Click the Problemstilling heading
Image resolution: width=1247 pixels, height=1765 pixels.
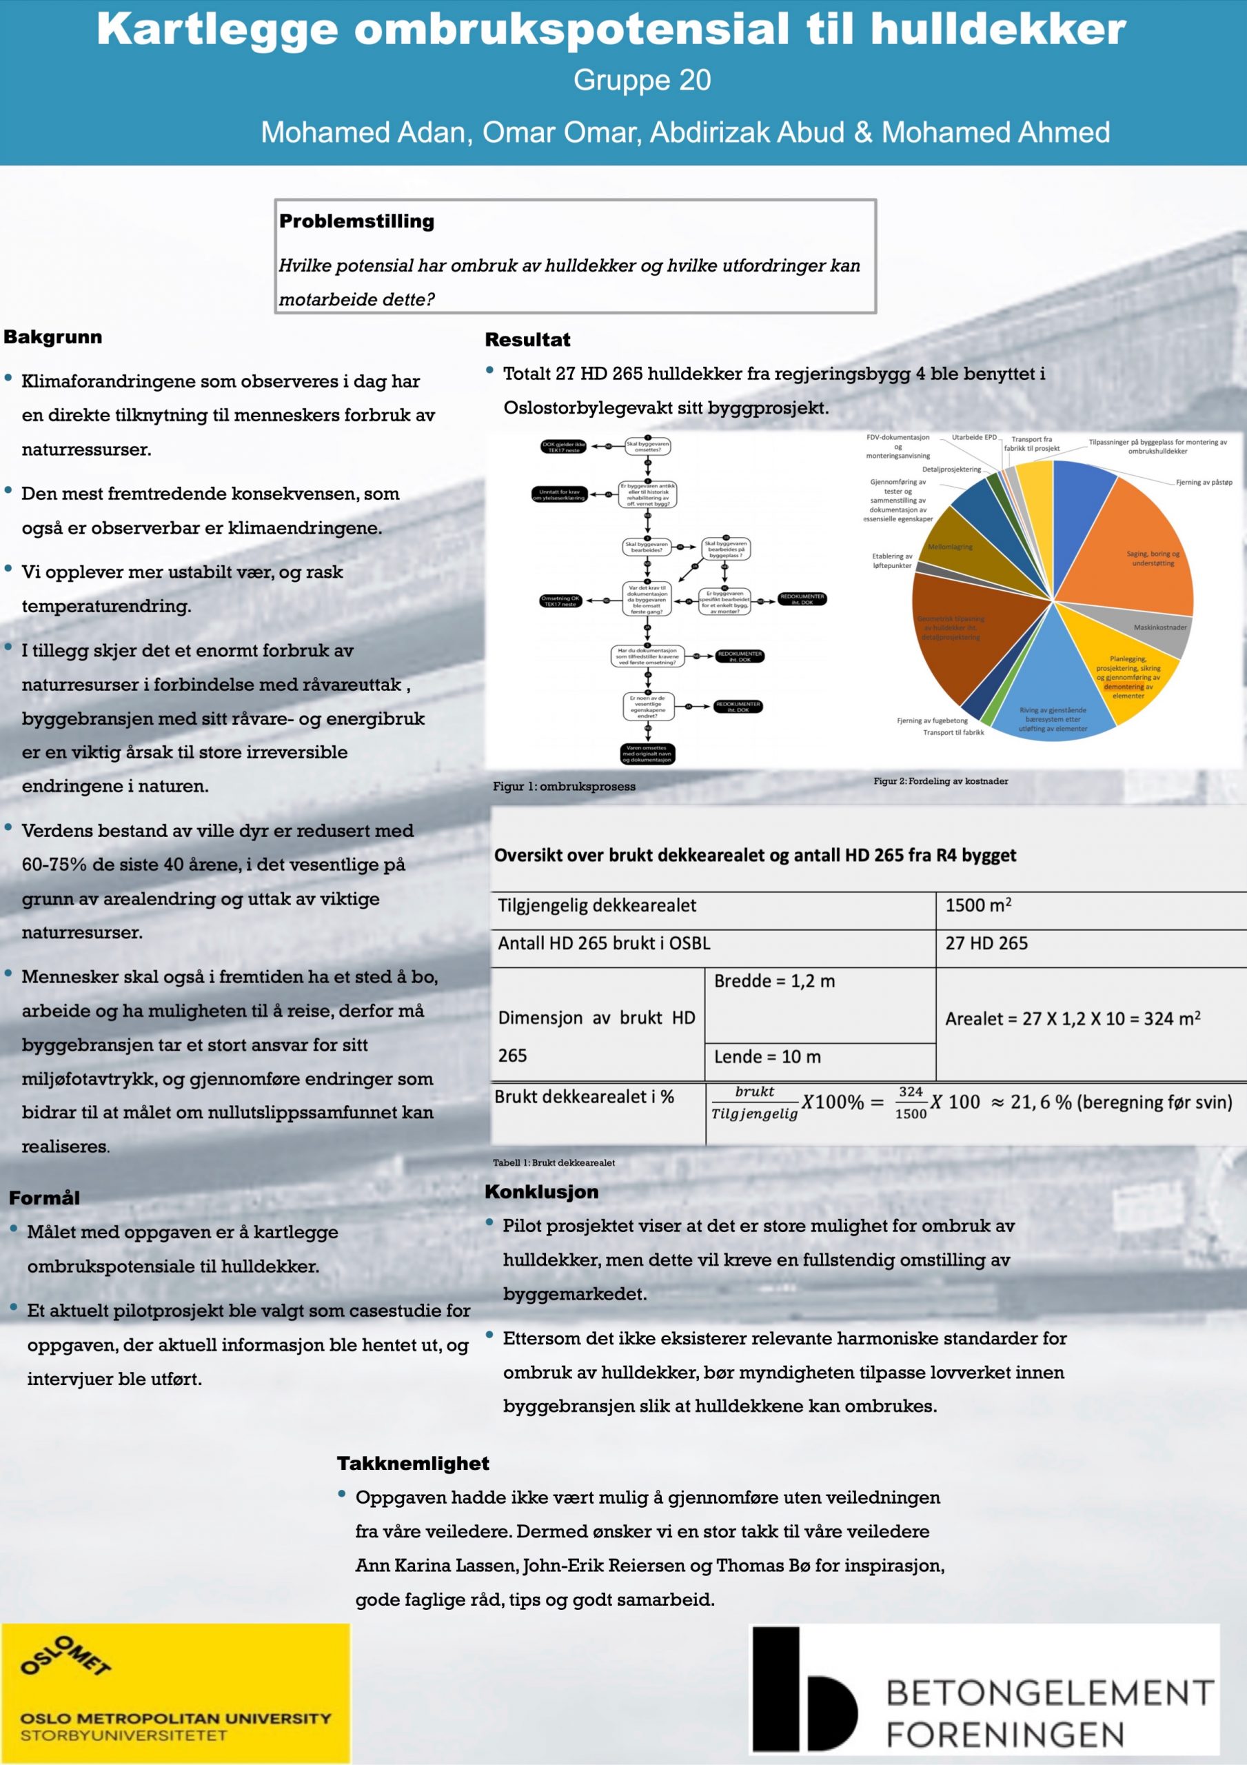pyautogui.click(x=356, y=221)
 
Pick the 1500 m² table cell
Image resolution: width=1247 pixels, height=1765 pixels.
pyautogui.click(x=977, y=905)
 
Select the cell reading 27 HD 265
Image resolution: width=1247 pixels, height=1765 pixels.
pyautogui.click(x=986, y=943)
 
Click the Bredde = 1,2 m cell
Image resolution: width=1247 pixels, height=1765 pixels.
pyautogui.click(x=774, y=981)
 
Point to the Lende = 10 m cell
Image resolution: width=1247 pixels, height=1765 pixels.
pyautogui.click(x=767, y=1057)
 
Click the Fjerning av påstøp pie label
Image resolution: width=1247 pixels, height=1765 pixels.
pyautogui.click(x=1203, y=483)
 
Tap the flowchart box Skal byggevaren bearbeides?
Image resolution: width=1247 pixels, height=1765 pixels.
pyautogui.click(x=647, y=547)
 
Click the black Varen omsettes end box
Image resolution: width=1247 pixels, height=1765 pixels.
pyautogui.click(x=647, y=754)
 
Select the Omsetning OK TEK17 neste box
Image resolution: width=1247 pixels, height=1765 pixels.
pyautogui.click(x=560, y=601)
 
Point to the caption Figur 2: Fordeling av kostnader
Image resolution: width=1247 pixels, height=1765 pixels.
pyautogui.click(x=940, y=781)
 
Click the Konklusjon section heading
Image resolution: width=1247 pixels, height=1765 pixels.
pyautogui.click(x=541, y=1192)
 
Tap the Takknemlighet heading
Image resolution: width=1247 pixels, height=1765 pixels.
pyautogui.click(x=413, y=1463)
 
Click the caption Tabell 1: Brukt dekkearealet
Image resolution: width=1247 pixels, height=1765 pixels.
pyautogui.click(x=554, y=1162)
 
